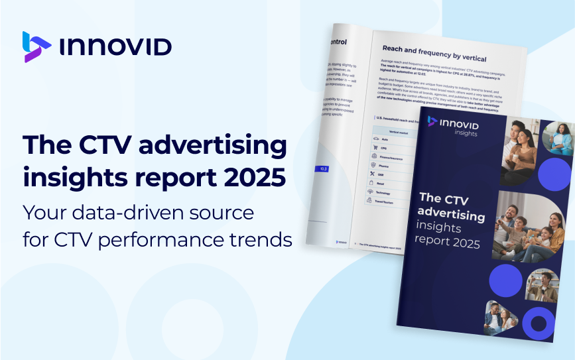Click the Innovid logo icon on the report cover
pyautogui.click(x=433, y=120)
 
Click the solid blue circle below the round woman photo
pyautogui.click(x=554, y=174)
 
